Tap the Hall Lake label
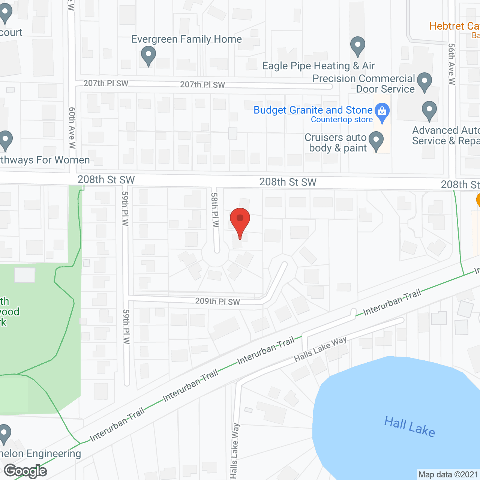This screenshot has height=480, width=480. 409,426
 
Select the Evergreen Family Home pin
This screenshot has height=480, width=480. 148,56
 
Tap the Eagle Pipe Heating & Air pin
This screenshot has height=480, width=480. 358,46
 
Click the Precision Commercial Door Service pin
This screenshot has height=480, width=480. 424,82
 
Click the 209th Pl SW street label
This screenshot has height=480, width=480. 217,301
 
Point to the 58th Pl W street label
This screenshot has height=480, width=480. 215,210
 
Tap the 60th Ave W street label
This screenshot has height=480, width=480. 72,127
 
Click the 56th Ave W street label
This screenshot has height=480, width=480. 452,64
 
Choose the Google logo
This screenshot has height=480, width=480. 25,471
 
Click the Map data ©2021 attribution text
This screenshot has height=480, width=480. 448,474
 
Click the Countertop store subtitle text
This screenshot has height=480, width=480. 342,120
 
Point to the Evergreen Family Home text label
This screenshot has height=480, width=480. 186,39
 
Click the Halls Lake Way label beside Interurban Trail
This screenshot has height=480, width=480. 320,349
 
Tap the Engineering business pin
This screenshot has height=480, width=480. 4,434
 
